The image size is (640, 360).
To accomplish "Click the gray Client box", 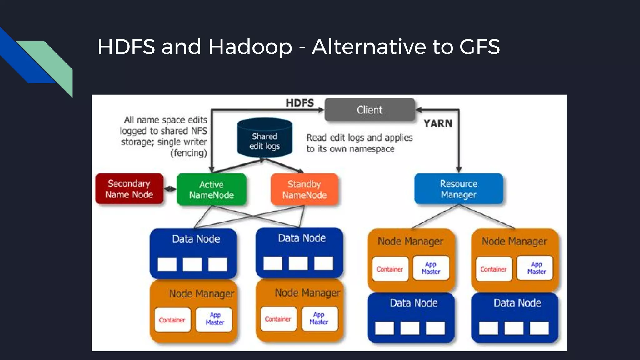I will (369, 110).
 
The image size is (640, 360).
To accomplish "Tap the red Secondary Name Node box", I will (129, 189).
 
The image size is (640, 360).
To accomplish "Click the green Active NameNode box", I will (211, 190).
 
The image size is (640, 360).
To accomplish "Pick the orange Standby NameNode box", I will (304, 190).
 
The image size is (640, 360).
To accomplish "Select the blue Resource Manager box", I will (458, 189).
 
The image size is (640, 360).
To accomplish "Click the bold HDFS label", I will (300, 103).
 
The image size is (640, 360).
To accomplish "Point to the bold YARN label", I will (438, 123).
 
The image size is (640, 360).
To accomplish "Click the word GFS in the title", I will (479, 47).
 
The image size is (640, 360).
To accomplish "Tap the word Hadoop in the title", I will (250, 47).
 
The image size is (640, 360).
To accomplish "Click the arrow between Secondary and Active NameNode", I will (170, 189).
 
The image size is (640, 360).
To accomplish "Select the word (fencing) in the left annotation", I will (189, 153).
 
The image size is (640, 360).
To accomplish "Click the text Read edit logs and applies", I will (359, 137).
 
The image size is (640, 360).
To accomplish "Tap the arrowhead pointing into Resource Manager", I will (458, 170).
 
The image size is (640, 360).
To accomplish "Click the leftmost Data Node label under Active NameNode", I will (196, 239).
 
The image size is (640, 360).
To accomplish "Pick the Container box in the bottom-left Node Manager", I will (172, 320).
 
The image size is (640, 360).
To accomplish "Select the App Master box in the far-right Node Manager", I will (536, 268).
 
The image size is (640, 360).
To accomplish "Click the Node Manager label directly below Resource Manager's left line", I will (410, 241).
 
